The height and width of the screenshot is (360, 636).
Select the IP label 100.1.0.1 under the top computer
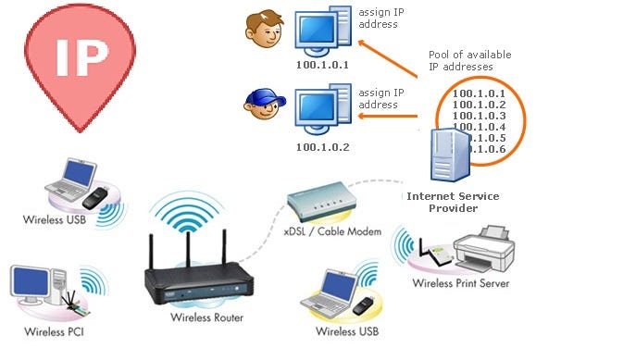click(322, 66)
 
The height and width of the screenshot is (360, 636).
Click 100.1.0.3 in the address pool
click(478, 116)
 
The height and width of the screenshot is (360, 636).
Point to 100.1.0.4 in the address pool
click(478, 127)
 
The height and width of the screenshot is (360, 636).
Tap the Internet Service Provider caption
click(453, 203)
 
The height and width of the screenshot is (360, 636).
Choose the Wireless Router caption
click(207, 317)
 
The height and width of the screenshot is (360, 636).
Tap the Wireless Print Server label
click(460, 282)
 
